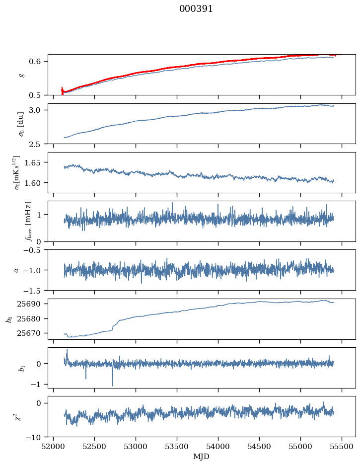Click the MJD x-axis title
coord(202,457)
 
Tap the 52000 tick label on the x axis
coord(54,446)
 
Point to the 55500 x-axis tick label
coord(342,446)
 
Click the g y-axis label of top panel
coord(20,75)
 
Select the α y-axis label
coord(16,270)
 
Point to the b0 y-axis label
coord(9,319)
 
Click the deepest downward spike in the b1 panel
coord(112,385)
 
